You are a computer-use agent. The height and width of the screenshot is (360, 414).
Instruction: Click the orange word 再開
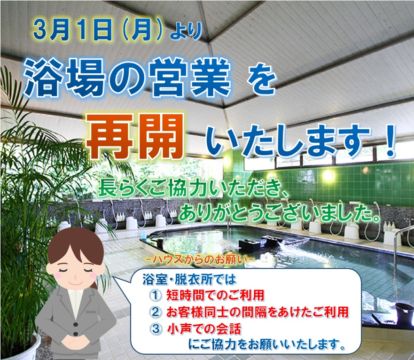[135, 137]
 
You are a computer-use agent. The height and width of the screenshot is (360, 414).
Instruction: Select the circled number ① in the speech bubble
[155, 295]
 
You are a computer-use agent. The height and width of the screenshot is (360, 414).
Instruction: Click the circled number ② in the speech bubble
[155, 312]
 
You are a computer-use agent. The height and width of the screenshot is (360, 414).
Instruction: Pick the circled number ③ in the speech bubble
[156, 329]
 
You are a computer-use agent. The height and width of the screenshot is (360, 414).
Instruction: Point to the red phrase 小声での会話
[204, 329]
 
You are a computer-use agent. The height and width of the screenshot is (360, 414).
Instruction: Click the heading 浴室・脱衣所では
[189, 280]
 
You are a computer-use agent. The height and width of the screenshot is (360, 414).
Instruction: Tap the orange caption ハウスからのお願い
[200, 259]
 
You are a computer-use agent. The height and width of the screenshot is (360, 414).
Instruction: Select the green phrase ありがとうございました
[280, 212]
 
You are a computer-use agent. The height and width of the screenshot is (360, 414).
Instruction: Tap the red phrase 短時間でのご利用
[215, 295]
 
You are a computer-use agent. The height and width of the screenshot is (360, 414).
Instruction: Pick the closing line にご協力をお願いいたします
[266, 344]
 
